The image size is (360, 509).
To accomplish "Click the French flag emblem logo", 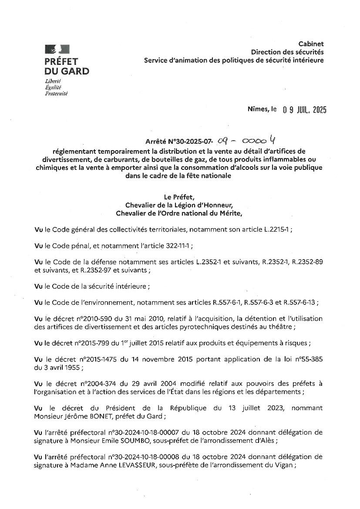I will (x=57, y=49).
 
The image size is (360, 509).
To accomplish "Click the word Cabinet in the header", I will (x=311, y=44).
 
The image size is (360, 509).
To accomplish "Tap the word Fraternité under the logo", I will (x=56, y=93).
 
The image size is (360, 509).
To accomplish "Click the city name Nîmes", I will (x=257, y=110).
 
